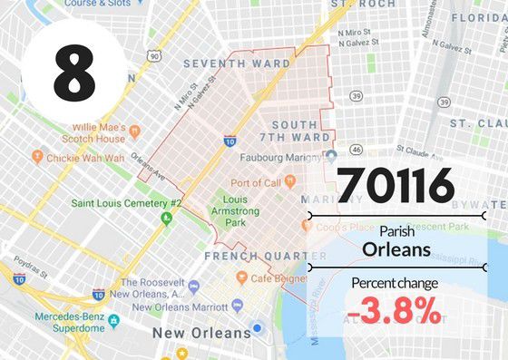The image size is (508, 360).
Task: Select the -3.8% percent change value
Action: [x=394, y=313]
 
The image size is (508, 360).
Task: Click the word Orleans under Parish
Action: [x=395, y=248]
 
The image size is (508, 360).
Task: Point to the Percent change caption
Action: [x=395, y=283]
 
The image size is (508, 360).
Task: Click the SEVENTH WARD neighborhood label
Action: [x=236, y=64]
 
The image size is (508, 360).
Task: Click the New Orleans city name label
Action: [x=200, y=334]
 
